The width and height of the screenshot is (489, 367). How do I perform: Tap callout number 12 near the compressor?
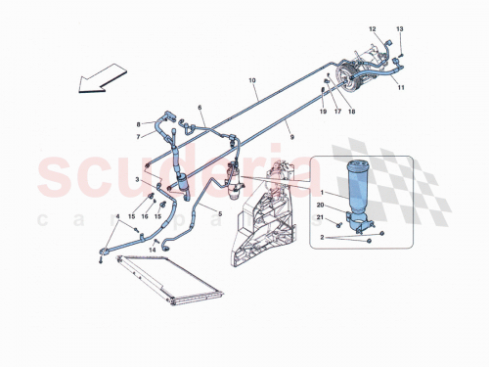[x=372, y=30]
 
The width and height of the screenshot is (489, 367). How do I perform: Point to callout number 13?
[x=400, y=30]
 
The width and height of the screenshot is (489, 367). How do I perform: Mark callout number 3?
[x=137, y=181]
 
